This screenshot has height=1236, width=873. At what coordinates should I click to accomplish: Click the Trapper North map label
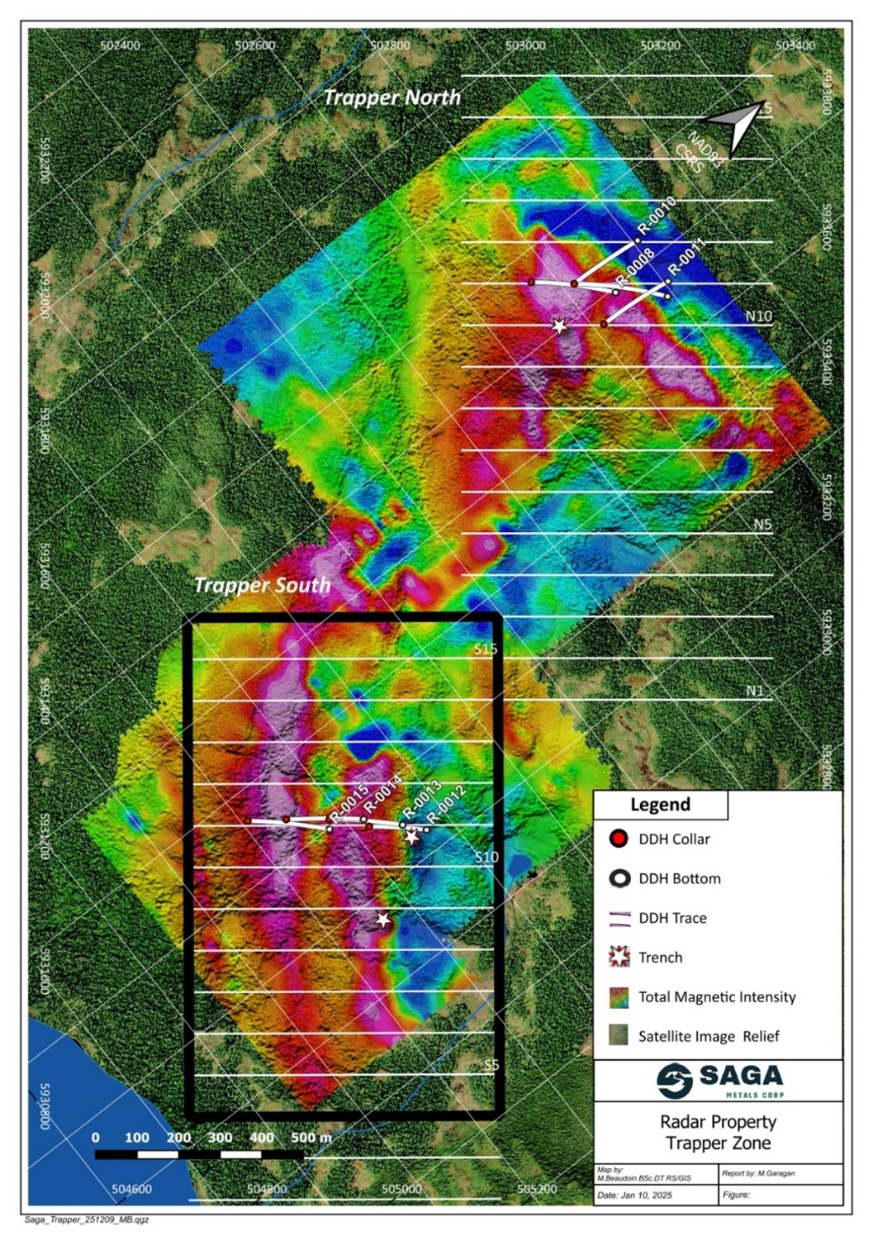click(391, 97)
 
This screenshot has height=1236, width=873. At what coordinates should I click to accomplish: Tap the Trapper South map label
click(262, 585)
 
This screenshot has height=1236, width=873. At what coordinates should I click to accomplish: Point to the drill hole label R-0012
click(448, 803)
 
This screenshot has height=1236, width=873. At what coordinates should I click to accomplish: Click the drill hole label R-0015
click(348, 804)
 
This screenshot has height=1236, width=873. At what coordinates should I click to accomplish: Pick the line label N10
click(758, 316)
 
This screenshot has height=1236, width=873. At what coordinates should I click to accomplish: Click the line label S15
click(486, 649)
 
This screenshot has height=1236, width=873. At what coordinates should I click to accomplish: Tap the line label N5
click(762, 524)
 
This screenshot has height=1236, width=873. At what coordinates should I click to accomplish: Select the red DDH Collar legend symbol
click(619, 839)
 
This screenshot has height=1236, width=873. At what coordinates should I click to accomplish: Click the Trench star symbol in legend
click(619, 958)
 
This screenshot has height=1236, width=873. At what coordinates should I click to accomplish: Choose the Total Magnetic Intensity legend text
click(717, 997)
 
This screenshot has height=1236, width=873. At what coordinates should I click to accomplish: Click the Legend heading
click(660, 805)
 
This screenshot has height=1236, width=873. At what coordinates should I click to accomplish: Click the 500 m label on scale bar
click(311, 1138)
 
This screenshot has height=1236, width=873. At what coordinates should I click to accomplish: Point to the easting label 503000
click(525, 45)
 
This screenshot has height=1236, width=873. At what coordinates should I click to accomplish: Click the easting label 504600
click(131, 1189)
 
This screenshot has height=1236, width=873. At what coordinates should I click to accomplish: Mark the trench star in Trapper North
click(560, 326)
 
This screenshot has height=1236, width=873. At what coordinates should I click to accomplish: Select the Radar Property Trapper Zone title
click(718, 1133)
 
